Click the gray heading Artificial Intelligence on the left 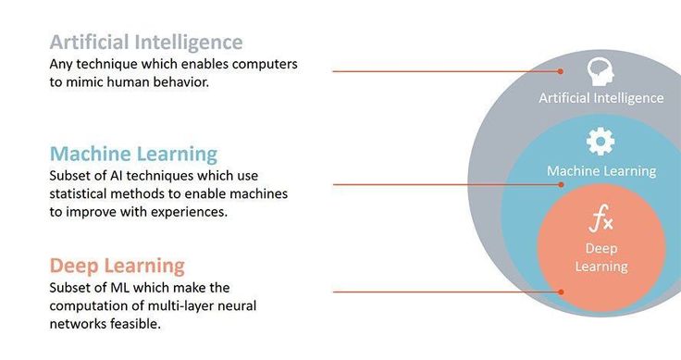(x=146, y=43)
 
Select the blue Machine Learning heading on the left (x=134, y=155)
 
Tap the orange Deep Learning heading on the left (x=118, y=267)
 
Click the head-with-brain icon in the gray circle (x=601, y=72)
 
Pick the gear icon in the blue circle (x=601, y=142)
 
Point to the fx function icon (x=601, y=218)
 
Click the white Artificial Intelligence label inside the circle (x=601, y=98)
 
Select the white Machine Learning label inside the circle (x=601, y=170)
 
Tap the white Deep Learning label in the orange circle (x=601, y=257)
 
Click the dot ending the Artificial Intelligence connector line (x=561, y=71)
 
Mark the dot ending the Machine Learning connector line (x=561, y=184)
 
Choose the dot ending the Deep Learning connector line (x=561, y=292)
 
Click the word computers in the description (x=265, y=64)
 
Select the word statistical (x=78, y=193)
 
